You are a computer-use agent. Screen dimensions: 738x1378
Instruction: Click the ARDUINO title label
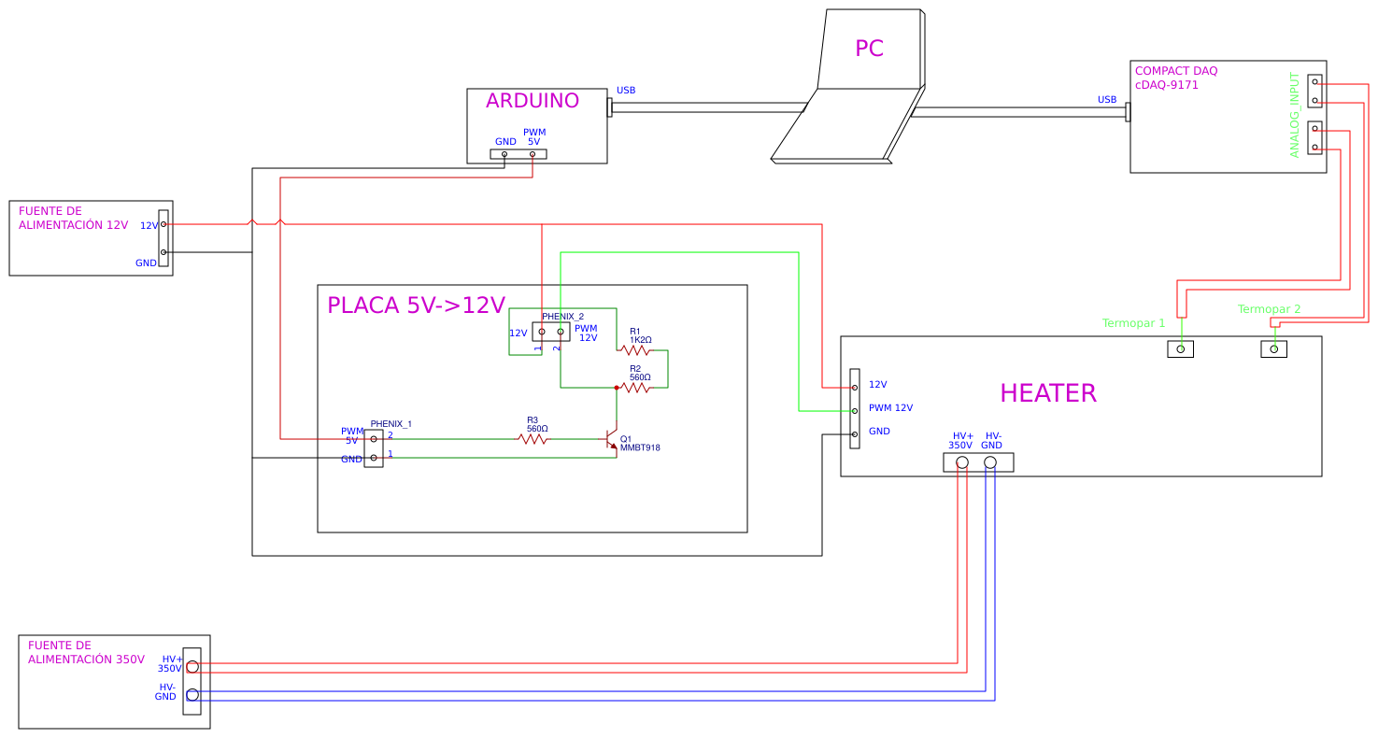[532, 101]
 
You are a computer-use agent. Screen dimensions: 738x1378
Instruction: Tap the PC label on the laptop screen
[869, 49]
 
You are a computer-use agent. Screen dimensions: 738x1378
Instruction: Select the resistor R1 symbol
[635, 350]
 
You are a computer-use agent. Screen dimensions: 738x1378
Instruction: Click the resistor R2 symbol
[635, 387]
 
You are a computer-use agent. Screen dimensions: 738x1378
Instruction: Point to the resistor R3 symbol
[533, 438]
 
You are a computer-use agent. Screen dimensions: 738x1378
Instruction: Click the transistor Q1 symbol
[610, 439]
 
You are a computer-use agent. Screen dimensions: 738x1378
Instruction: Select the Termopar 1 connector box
[1181, 349]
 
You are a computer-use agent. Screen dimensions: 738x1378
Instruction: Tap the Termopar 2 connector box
[1274, 349]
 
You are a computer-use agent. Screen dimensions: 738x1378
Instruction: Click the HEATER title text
[1047, 393]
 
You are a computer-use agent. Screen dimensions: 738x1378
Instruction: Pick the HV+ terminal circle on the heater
[962, 462]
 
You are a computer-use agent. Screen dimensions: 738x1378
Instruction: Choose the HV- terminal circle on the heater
[990, 462]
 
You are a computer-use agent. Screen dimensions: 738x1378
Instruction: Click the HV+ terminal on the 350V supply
[192, 667]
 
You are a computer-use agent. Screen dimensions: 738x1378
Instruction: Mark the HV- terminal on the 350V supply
[192, 694]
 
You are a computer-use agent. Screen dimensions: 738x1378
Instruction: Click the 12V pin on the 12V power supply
[163, 224]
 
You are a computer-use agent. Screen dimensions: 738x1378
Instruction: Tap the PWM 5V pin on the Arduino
[533, 154]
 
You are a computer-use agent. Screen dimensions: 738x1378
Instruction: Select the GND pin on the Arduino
[504, 154]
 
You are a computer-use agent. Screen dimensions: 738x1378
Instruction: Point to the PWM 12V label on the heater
[890, 408]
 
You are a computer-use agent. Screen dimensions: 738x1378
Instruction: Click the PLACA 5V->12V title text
[416, 305]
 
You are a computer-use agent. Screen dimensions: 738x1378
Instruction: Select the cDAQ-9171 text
[1166, 85]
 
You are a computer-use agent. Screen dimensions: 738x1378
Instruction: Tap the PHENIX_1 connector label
[391, 424]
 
